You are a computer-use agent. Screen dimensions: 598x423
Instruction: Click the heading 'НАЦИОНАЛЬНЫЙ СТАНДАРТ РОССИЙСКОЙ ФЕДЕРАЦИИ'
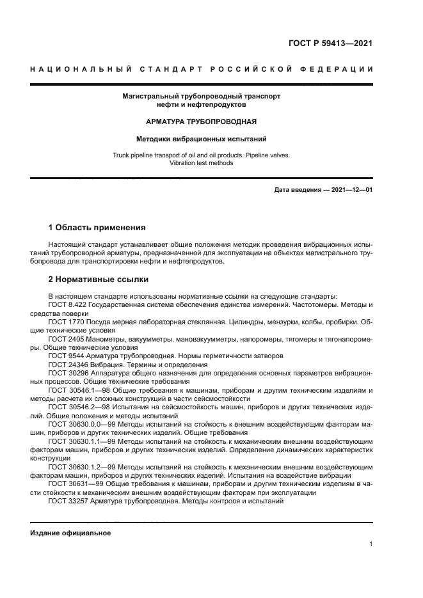point(201,69)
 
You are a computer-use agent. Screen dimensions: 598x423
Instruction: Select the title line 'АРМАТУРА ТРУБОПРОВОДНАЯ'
point(201,121)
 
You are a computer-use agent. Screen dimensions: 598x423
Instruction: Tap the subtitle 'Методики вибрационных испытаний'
point(201,138)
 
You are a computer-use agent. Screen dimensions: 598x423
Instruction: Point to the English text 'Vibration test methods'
point(201,163)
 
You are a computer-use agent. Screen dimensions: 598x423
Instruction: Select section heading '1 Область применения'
point(97,228)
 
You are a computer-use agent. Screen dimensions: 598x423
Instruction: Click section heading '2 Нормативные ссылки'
point(99,279)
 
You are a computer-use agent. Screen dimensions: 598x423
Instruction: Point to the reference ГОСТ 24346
point(67,363)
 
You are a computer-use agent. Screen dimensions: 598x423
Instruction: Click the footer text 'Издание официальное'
point(70,533)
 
